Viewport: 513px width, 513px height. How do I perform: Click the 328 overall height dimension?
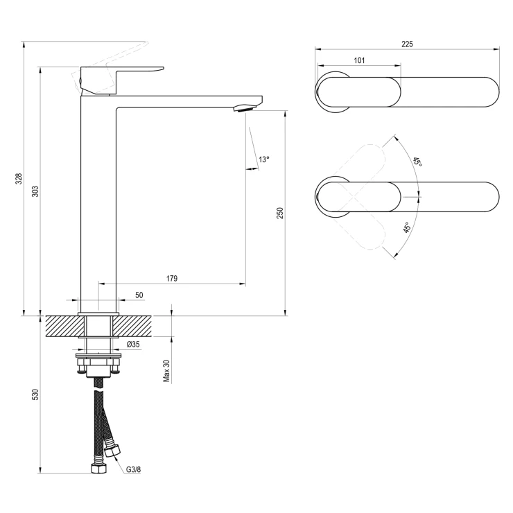19,178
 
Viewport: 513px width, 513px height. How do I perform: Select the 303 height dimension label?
36,191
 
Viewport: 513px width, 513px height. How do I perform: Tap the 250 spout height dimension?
280,213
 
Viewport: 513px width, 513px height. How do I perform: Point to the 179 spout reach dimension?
172,278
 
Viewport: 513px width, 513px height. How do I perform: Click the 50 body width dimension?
139,295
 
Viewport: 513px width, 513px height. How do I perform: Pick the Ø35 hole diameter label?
133,344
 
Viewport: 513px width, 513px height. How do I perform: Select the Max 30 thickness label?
166,370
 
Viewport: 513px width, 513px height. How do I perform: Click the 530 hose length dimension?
35,394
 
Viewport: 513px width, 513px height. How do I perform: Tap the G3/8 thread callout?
134,469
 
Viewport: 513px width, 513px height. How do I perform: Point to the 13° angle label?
264,159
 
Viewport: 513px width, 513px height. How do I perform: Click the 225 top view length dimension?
408,44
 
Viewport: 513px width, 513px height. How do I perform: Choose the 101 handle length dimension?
359,60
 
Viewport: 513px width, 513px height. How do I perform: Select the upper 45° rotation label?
417,162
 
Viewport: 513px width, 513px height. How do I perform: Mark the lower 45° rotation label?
407,227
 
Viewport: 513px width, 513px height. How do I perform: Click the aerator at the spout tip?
245,108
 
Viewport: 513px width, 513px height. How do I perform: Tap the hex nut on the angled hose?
112,450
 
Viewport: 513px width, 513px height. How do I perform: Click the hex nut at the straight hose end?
98,469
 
